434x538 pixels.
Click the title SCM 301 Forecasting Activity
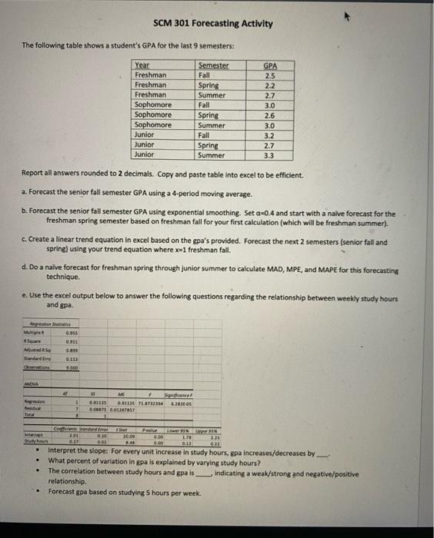coord(212,23)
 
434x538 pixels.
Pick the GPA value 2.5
coord(270,76)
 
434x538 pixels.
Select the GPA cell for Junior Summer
coord(270,154)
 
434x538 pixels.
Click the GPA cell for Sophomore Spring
coord(270,115)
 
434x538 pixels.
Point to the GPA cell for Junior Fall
coord(270,134)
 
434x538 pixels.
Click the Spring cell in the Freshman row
coord(208,86)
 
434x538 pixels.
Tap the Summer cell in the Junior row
coord(212,154)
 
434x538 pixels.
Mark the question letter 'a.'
coord(25,190)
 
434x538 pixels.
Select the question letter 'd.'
coord(25,270)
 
